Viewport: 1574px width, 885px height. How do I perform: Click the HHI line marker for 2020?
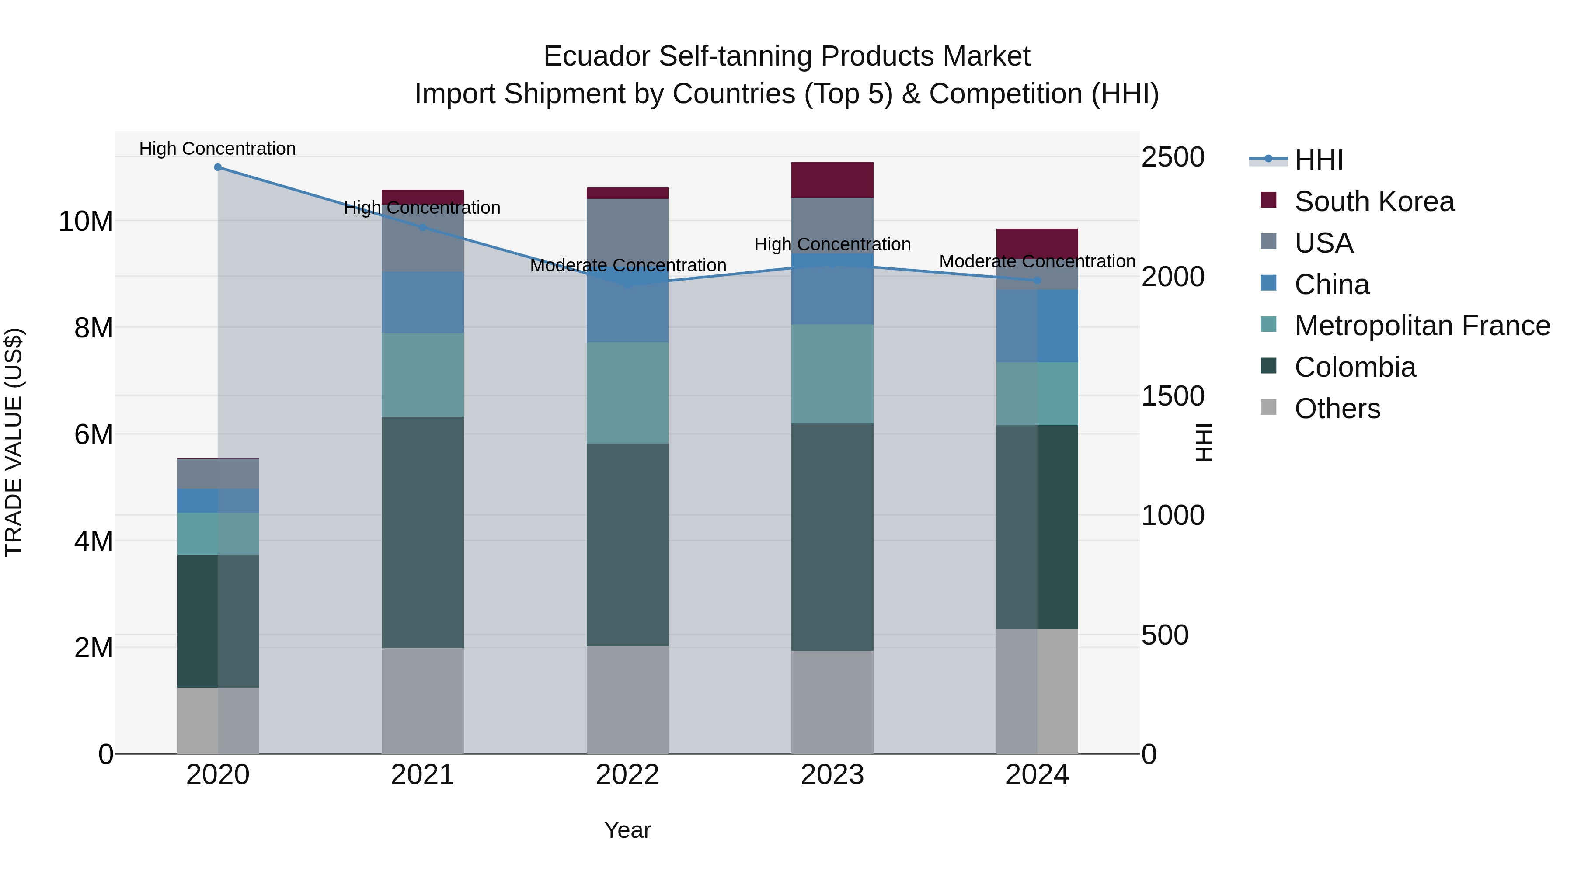click(218, 167)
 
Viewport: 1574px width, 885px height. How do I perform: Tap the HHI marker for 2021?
click(422, 227)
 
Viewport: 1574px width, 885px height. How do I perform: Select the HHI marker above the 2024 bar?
click(1037, 280)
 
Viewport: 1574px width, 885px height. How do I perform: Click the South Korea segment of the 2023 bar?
click(832, 180)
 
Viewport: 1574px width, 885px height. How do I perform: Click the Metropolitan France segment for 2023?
click(832, 374)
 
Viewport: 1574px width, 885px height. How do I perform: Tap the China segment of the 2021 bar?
click(422, 302)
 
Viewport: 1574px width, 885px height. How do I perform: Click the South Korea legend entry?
click(1374, 201)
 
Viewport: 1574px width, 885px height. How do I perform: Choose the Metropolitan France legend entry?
click(1422, 326)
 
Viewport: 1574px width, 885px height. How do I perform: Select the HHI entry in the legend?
click(1319, 160)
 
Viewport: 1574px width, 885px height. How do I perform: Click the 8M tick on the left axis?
click(94, 328)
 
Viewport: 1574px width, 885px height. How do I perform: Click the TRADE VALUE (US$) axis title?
click(14, 442)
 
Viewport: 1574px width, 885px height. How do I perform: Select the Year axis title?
click(627, 830)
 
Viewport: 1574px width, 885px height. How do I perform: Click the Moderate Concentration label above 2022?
click(627, 266)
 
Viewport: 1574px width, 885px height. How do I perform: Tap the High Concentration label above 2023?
click(832, 244)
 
